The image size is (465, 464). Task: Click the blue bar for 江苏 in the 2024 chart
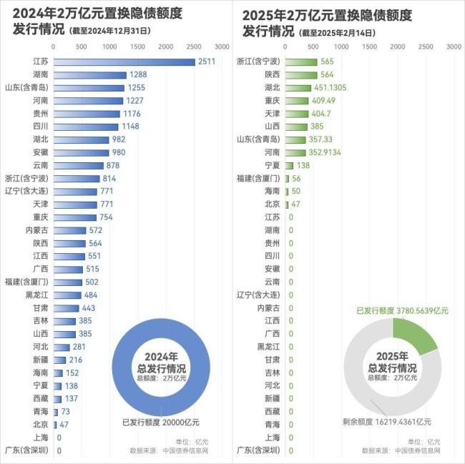tap(124, 62)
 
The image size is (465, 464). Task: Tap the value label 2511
tap(207, 62)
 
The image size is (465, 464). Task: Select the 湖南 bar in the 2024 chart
tap(90, 75)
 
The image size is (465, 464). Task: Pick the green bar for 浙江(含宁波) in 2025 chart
tap(301, 62)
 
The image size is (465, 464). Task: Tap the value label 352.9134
tap(322, 152)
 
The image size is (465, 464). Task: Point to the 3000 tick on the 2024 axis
tap(221, 46)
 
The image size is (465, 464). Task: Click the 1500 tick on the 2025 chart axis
tap(370, 46)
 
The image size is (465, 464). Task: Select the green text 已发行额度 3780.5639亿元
tap(403, 311)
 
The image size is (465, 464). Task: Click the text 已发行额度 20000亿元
tap(161, 422)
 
